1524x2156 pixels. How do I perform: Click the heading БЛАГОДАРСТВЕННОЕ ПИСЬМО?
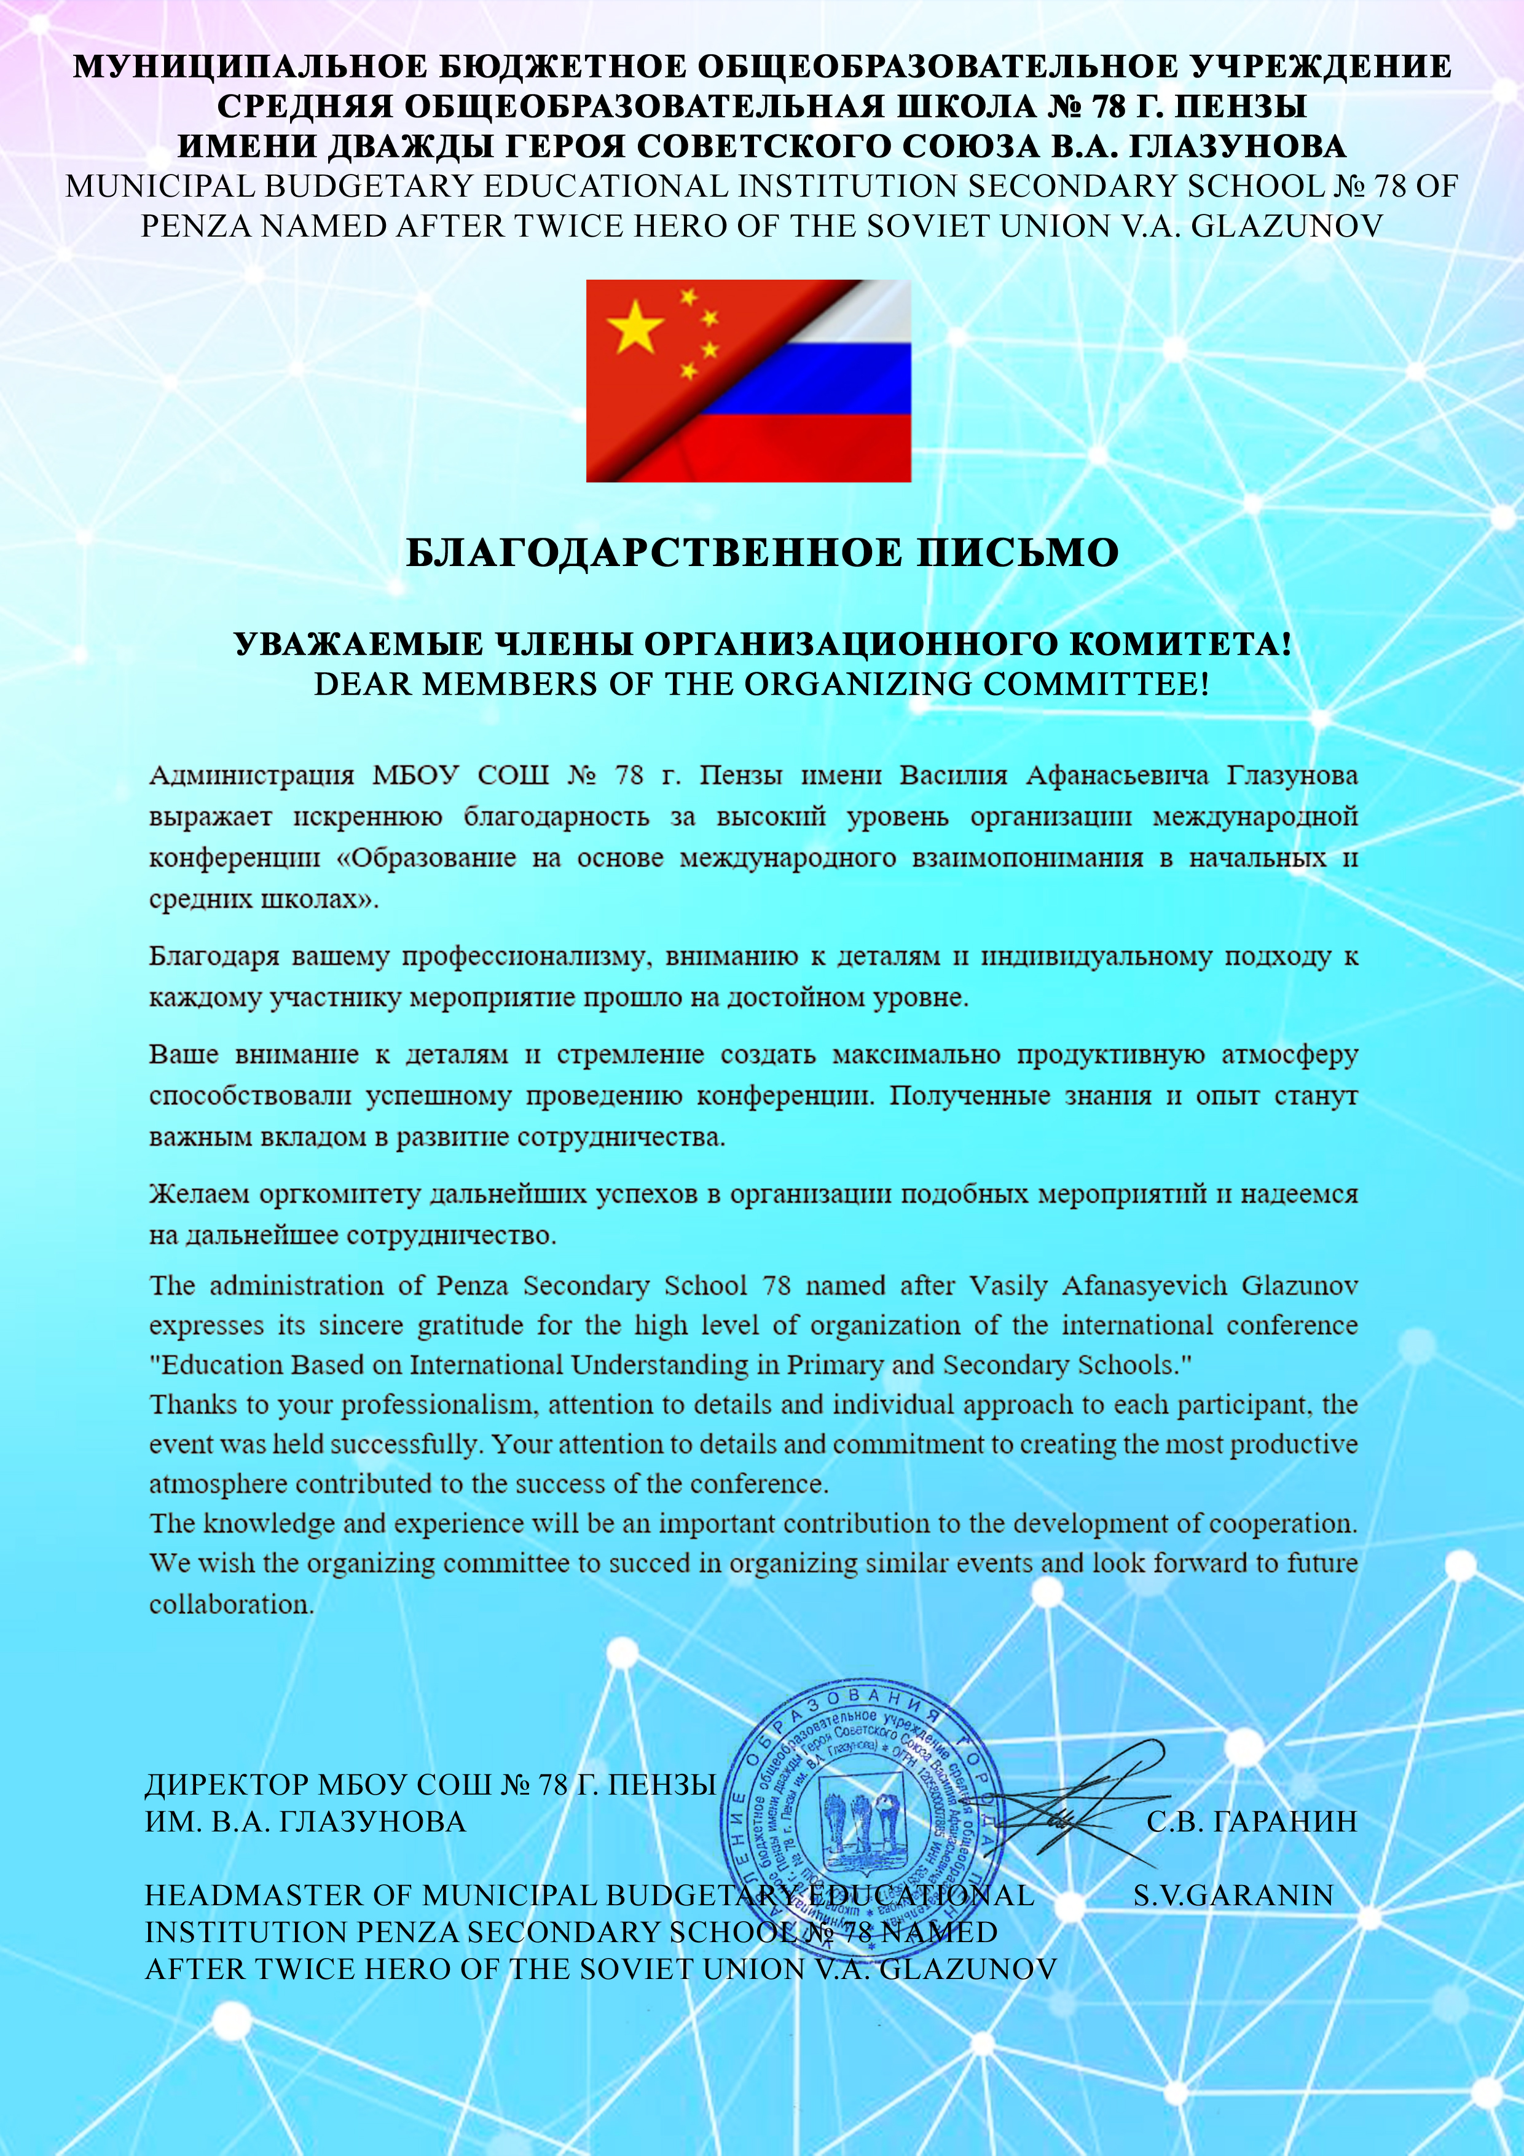761,553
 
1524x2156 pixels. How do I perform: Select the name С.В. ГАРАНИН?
1252,1822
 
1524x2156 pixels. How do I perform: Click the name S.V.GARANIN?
1233,1895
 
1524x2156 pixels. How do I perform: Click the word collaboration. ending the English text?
231,1604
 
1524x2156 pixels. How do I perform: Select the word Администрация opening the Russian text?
252,776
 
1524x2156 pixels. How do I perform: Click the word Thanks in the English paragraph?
194,1405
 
